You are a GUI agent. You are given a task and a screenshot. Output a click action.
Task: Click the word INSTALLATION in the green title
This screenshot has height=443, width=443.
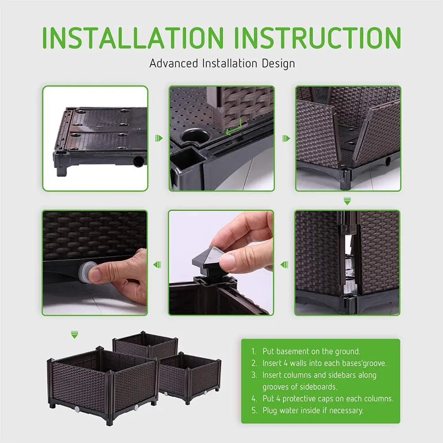(133, 37)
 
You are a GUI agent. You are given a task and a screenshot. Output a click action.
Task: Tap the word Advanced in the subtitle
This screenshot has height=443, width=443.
(174, 63)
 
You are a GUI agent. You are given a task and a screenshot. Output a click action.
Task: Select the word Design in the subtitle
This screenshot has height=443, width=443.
(278, 64)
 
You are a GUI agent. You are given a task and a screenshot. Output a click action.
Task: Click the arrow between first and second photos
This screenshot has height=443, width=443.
(159, 138)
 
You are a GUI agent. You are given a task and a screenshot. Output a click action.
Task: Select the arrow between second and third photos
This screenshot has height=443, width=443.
(286, 138)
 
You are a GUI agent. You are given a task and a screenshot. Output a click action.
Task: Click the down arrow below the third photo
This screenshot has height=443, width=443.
(347, 201)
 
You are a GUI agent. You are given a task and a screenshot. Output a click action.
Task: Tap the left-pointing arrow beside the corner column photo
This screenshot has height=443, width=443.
(284, 265)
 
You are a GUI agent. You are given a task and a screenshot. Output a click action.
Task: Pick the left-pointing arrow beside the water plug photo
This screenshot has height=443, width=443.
(157, 265)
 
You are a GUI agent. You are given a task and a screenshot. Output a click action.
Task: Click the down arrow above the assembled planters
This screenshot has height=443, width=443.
(74, 334)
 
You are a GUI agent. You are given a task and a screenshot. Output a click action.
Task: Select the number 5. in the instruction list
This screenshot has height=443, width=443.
(254, 410)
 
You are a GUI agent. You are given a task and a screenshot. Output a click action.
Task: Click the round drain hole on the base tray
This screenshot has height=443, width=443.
(138, 161)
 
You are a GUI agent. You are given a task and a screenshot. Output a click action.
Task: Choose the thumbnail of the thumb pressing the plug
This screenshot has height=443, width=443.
(95, 263)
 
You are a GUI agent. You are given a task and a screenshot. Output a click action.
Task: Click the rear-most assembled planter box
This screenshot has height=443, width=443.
(145, 344)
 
